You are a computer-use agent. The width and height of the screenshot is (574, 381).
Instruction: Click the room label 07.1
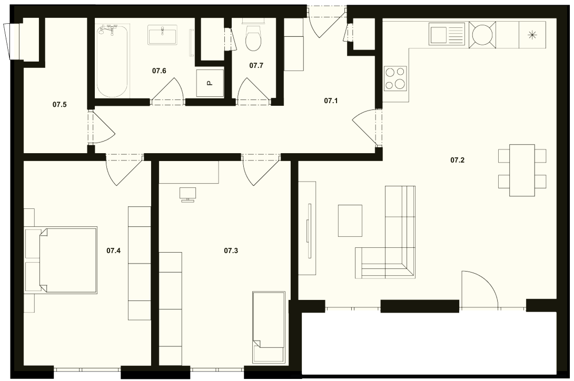coord(331,101)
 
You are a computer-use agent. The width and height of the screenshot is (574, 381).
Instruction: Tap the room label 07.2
coord(457,160)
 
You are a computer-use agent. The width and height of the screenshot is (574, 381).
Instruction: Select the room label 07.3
coord(231,250)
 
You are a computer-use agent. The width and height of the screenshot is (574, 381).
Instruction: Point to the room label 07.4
coord(113,250)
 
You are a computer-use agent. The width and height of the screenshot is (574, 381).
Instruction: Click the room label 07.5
coord(60,105)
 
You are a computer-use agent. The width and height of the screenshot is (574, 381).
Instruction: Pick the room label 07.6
coord(159,71)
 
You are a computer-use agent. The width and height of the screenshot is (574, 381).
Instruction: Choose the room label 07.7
coord(256,65)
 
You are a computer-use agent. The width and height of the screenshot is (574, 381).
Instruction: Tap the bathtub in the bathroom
coord(112,61)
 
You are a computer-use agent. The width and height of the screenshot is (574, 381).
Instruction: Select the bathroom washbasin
coord(162,35)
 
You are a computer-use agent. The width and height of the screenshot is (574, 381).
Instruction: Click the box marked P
coord(210,83)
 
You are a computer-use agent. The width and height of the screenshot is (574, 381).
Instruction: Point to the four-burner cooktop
coord(395,78)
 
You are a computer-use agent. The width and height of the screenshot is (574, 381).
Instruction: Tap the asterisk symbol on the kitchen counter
coord(532,35)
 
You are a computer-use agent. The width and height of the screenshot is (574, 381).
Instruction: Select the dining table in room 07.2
coord(522,170)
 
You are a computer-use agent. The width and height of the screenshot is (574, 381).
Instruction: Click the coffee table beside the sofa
coord(350,220)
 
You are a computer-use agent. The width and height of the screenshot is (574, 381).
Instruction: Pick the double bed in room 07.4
coord(61,260)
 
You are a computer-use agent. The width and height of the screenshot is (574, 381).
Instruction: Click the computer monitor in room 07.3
coord(188,194)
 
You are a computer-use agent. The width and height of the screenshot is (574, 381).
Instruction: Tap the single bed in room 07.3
coord(269,327)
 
